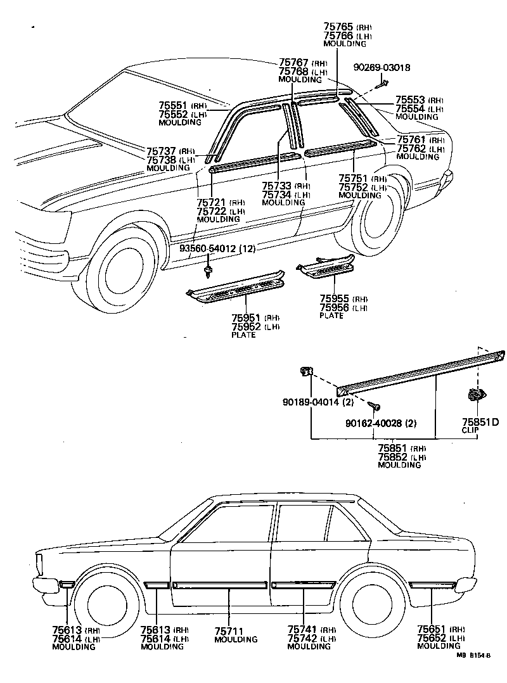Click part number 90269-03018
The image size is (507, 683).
[x=382, y=68]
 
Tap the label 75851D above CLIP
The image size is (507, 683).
[x=480, y=422]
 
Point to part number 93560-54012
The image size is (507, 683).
[x=208, y=249]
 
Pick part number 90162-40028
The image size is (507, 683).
[x=374, y=423]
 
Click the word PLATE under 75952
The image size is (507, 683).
[x=243, y=335]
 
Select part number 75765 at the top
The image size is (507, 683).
[x=338, y=27]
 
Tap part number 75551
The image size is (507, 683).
[x=173, y=105]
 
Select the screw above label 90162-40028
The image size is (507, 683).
[x=374, y=405]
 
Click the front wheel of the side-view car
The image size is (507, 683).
[x=106, y=606]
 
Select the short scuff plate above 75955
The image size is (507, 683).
[x=326, y=266]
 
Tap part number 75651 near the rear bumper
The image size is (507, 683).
[x=431, y=629]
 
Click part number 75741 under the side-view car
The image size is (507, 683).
[x=302, y=630]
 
